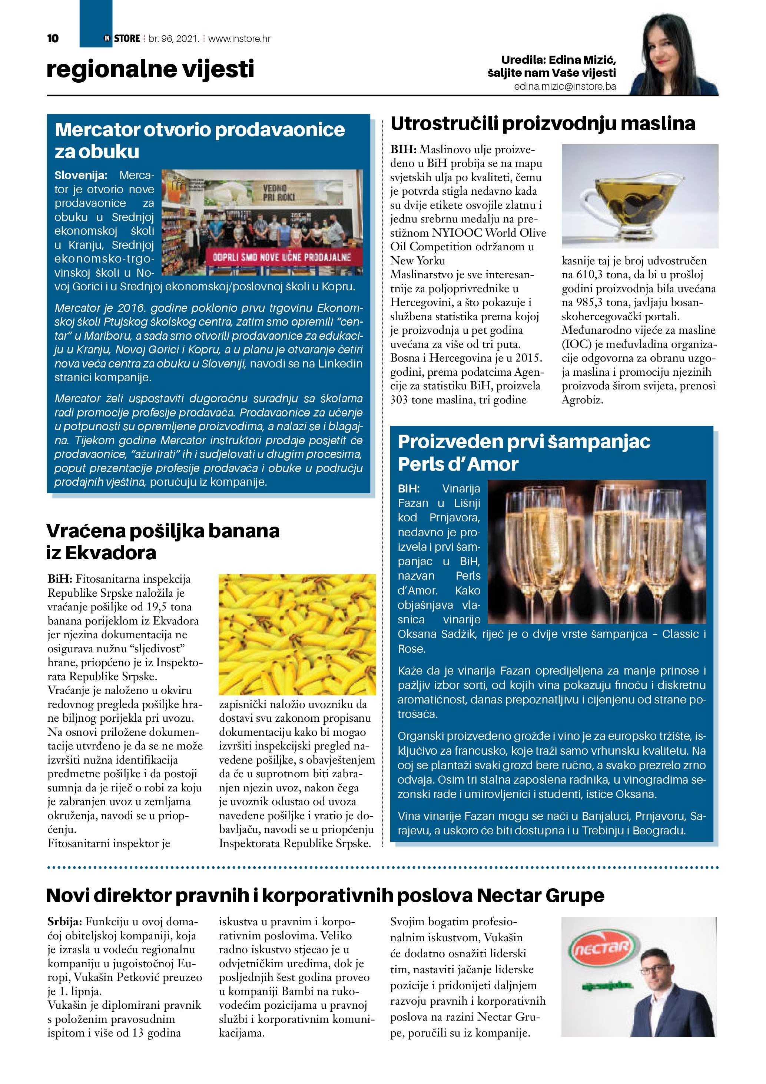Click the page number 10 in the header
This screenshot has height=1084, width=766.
pyautogui.click(x=53, y=38)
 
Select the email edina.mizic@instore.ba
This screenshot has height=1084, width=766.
pyautogui.click(x=565, y=87)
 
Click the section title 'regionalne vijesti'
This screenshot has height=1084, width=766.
pyautogui.click(x=150, y=69)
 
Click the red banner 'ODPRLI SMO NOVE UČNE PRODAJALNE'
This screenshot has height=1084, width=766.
pyautogui.click(x=282, y=257)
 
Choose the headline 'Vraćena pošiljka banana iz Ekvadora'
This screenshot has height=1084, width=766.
pyautogui.click(x=162, y=541)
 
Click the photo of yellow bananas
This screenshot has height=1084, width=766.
pyautogui.click(x=297, y=634)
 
